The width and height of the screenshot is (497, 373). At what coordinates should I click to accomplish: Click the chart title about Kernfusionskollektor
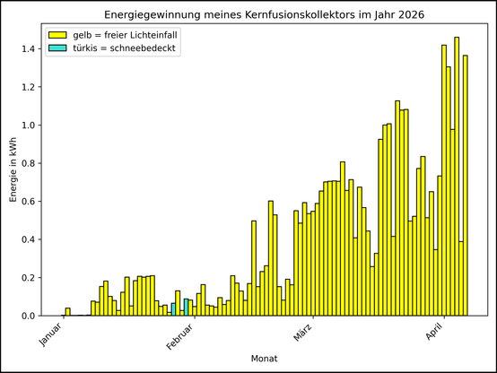pyautogui.click(x=265, y=15)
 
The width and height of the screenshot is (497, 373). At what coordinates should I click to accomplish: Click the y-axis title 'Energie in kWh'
pyautogui.click(x=13, y=170)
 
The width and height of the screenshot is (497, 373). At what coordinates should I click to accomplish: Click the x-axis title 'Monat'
pyautogui.click(x=265, y=359)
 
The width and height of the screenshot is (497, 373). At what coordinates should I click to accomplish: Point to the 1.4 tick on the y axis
pyautogui.click(x=27, y=48)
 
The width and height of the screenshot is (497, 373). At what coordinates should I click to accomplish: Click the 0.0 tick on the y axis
pyautogui.click(x=27, y=316)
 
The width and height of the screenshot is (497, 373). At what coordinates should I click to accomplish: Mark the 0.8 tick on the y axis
pyautogui.click(x=27, y=163)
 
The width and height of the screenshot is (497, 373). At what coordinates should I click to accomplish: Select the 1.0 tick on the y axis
pyautogui.click(x=27, y=125)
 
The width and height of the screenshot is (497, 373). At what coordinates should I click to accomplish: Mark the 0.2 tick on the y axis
pyautogui.click(x=27, y=278)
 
